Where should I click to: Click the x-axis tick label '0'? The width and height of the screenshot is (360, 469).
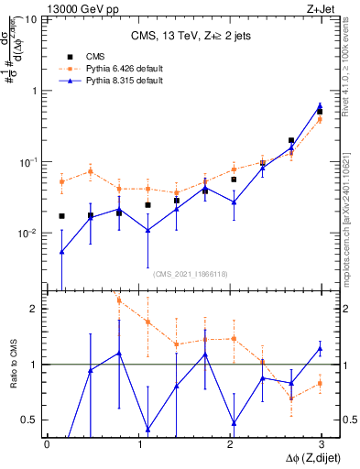pyautogui.click(x=47, y=445)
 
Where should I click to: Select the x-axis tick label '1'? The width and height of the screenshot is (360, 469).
pyautogui.click(x=138, y=445)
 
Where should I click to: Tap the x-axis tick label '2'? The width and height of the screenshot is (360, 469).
pyautogui.click(x=230, y=445)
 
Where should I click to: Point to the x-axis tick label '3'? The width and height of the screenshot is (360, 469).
pyautogui.click(x=321, y=445)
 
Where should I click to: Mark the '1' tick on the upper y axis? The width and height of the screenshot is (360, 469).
pyautogui.click(x=35, y=91)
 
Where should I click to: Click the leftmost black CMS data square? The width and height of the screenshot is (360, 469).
pyautogui.click(x=61, y=216)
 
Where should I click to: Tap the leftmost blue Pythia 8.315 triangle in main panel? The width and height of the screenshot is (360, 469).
pyautogui.click(x=61, y=251)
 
